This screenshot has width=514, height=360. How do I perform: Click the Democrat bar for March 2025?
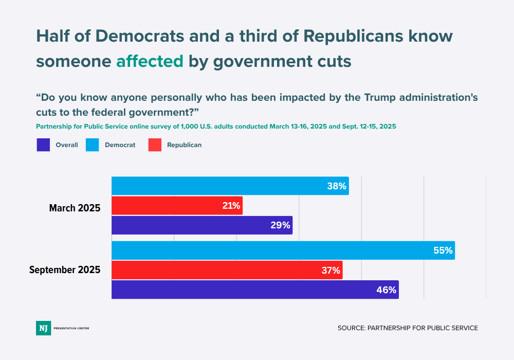coord(230,186)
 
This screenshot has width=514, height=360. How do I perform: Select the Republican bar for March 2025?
coord(177,206)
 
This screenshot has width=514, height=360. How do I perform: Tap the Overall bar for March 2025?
coord(201,225)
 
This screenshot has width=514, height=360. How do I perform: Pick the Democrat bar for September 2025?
coord(283,250)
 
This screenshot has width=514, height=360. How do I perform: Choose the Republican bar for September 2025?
coord(227,270)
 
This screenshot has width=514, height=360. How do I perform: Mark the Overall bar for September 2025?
coord(255,290)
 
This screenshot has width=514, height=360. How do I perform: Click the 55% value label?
coord(443,251)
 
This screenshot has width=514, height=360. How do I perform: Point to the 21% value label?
coord(231,206)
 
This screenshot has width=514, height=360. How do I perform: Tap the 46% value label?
coord(386,290)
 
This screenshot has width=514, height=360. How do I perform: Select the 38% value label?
coord(337,186)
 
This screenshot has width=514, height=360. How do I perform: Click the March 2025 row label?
coord(75,208)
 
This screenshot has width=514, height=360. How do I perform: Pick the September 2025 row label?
coord(65,269)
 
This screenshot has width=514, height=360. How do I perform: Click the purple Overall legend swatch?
coord(43,145)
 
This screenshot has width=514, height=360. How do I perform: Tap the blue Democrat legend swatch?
coord(93,145)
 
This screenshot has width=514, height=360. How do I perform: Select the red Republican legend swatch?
coord(155,145)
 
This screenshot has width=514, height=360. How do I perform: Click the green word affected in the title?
coord(150,61)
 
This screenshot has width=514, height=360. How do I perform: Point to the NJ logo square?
coord(43,328)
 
